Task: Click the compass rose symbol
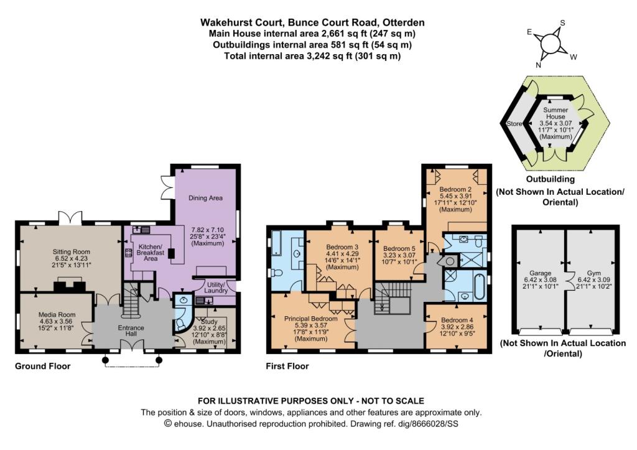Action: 551,45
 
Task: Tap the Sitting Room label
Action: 71,253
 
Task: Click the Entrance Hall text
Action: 131,332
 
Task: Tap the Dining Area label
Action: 205,199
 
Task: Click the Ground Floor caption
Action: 42,367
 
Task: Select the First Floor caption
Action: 287,367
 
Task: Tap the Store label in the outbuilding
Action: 516,123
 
